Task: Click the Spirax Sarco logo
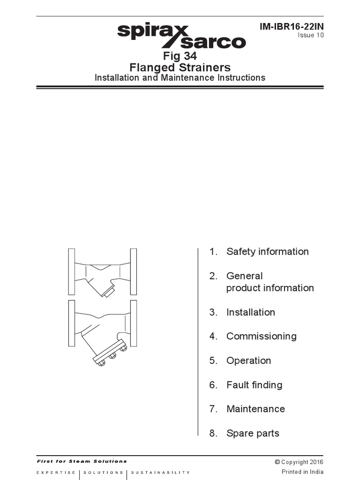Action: tap(181, 37)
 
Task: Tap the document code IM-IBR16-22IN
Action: tap(292, 27)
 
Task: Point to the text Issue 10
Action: tap(310, 36)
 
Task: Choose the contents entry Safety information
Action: tap(267, 252)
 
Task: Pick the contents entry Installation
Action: tap(250, 312)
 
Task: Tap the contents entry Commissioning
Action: tap(261, 337)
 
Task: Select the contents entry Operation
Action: tap(248, 360)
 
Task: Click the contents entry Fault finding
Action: tap(254, 385)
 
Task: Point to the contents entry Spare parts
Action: tap(253, 433)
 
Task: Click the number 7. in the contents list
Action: tap(214, 409)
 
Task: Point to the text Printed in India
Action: tap(302, 472)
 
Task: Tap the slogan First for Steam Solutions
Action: tap(82, 461)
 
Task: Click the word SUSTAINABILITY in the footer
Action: tap(160, 472)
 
